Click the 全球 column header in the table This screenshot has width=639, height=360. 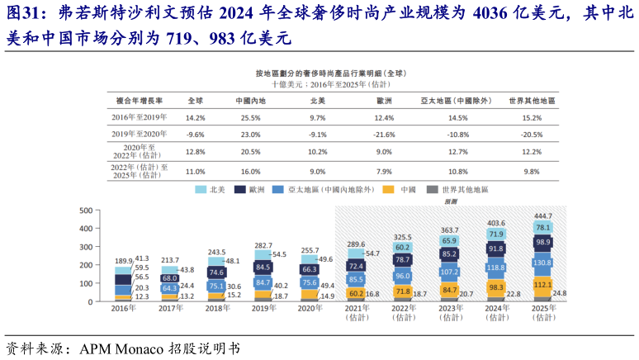coord(196,100)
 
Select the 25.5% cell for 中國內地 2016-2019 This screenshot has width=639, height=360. coord(250,117)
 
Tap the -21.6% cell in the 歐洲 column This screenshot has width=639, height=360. coord(384,134)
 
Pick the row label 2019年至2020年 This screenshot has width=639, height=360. coord(139,134)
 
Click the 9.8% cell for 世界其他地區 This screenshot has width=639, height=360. coord(531,171)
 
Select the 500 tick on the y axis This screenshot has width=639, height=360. coord(86,210)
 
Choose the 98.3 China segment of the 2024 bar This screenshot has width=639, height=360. coord(496,287)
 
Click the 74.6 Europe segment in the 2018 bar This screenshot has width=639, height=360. coord(216,272)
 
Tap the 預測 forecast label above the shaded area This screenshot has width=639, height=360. coord(451,201)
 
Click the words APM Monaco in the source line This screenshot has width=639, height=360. coord(120,348)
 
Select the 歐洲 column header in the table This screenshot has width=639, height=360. coord(384,100)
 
